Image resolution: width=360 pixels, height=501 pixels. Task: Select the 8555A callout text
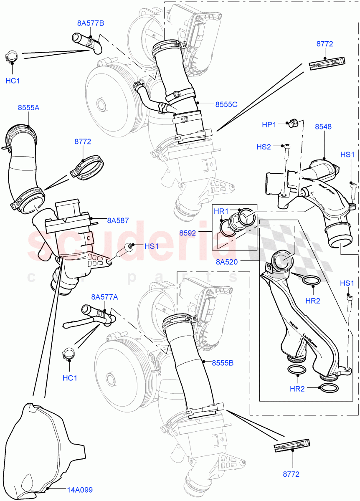click(x=28, y=107)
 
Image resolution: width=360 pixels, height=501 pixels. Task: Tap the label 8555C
click(x=226, y=104)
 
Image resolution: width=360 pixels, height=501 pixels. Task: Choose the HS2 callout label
click(x=264, y=147)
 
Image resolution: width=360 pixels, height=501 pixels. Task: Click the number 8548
click(x=323, y=127)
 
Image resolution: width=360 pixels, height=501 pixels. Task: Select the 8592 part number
click(x=188, y=233)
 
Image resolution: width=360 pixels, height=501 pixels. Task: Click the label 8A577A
click(x=104, y=297)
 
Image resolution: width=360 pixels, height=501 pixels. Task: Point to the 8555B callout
click(x=222, y=363)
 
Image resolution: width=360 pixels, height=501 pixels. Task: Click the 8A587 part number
click(x=118, y=220)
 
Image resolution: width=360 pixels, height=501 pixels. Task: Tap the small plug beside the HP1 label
click(x=293, y=123)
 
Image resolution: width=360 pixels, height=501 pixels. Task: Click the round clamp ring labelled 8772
click(x=89, y=168)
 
